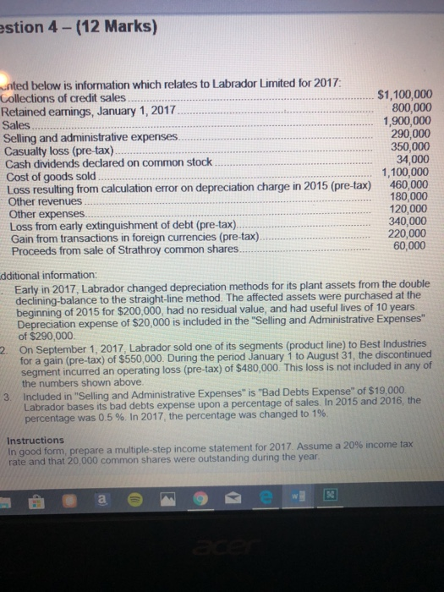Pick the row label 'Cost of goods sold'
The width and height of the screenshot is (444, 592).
pyautogui.click(x=52, y=175)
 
